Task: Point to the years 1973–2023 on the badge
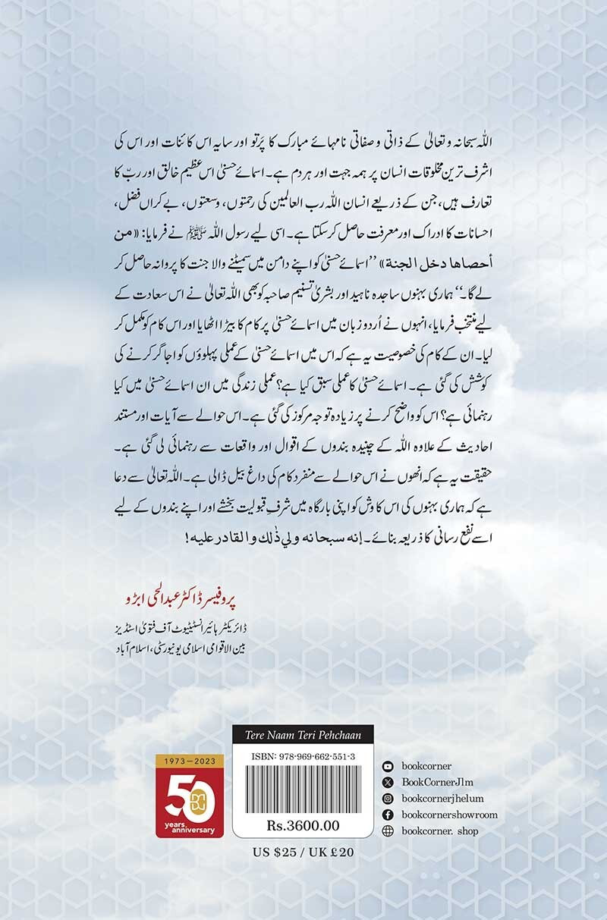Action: [x=184, y=759]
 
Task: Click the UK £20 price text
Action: [x=329, y=852]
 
